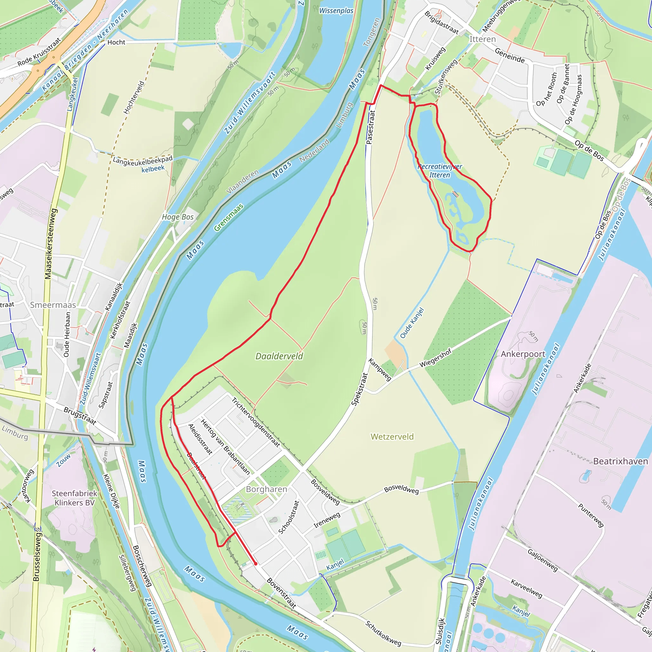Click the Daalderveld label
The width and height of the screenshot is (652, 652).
click(x=279, y=356)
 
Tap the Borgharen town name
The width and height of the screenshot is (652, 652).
click(x=266, y=489)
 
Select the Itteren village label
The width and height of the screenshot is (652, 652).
click(x=483, y=39)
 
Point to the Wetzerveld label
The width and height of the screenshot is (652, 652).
click(x=392, y=437)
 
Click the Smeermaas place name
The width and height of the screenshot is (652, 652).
click(x=53, y=305)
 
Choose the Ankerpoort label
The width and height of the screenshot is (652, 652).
click(x=523, y=354)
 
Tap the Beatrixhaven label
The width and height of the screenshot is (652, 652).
click(x=620, y=461)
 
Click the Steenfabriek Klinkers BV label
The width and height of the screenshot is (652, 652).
click(x=74, y=498)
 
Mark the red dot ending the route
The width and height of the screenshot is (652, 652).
click(x=255, y=563)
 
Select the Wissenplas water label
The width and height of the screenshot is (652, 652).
click(x=336, y=11)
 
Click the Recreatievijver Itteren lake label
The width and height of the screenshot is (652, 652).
click(x=440, y=171)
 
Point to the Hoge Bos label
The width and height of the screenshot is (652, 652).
click(x=178, y=217)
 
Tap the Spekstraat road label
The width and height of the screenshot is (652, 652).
click(x=359, y=389)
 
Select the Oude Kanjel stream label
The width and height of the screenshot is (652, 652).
click(x=412, y=322)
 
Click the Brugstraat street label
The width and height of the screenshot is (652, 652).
click(x=80, y=416)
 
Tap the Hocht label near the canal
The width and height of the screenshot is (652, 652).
click(x=116, y=42)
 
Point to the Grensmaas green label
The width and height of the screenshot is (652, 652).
click(x=229, y=217)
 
